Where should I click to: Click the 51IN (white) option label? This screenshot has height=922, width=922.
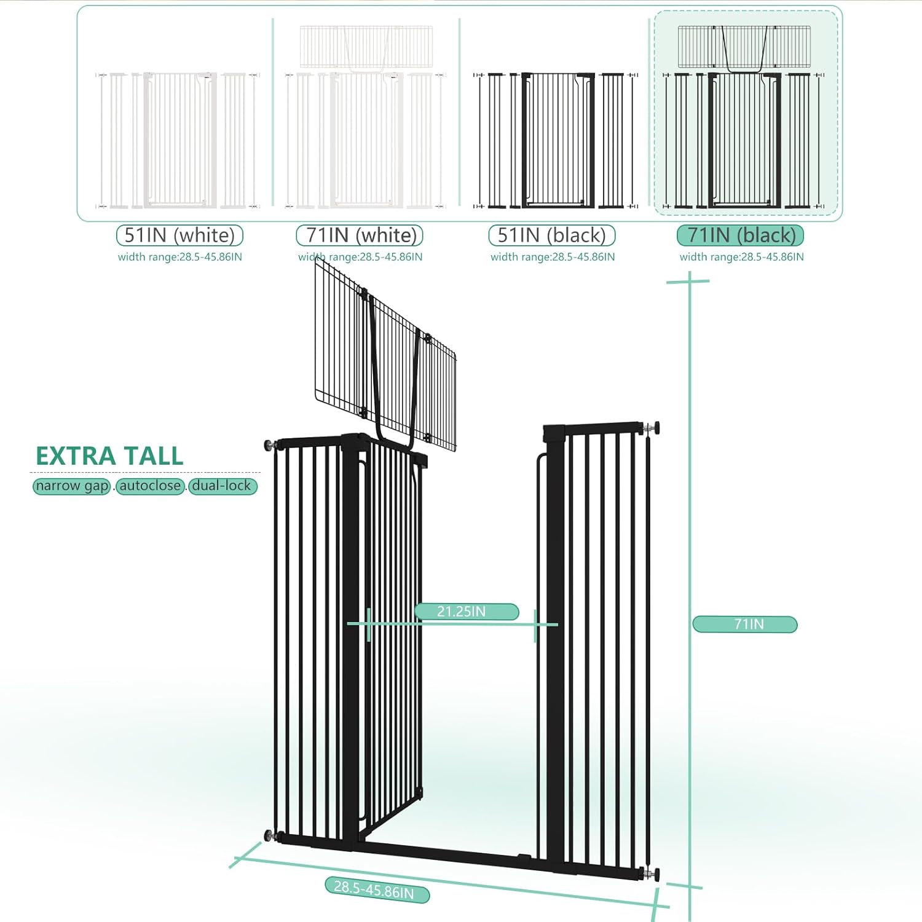tap(179, 235)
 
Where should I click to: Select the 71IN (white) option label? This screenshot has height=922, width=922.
tap(360, 235)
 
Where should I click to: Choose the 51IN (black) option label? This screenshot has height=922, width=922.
tap(551, 235)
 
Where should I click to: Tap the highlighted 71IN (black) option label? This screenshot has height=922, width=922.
tap(741, 235)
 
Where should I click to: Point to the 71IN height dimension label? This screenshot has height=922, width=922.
tap(745, 625)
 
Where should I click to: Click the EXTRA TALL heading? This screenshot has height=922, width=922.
tap(109, 456)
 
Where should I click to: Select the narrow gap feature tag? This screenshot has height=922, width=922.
tap(72, 486)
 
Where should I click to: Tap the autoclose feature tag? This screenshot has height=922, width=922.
tap(150, 486)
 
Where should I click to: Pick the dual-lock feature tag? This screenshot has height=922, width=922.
tap(223, 486)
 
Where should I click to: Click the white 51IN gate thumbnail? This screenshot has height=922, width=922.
tap(178, 140)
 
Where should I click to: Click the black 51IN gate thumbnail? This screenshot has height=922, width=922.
tap(556, 140)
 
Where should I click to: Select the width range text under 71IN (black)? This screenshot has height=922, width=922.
tap(741, 257)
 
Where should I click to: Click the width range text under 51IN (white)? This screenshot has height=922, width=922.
tap(179, 257)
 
